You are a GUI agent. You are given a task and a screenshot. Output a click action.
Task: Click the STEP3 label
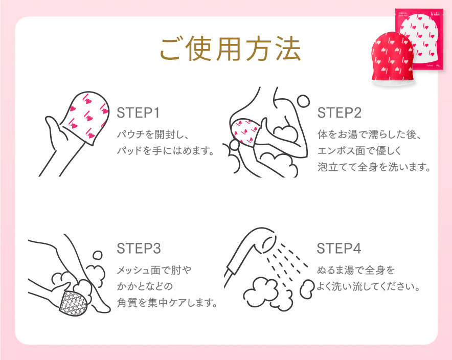pyautogui.click(x=139, y=249)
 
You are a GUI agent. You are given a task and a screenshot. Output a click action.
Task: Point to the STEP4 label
pyautogui.click(x=339, y=249)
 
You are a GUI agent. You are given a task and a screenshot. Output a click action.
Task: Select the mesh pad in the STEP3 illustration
pyautogui.click(x=73, y=304)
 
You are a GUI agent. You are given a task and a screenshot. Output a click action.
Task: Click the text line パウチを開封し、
pyautogui.click(x=153, y=134)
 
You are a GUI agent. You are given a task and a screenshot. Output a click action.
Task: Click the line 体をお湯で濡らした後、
pyautogui.click(x=368, y=135)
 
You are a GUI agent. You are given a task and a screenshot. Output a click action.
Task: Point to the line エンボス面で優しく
pyautogui.click(x=357, y=151)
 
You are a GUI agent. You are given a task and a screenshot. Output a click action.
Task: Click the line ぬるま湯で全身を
pyautogui.click(x=356, y=269)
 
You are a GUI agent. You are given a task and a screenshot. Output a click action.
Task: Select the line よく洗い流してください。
pyautogui.click(x=368, y=286)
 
